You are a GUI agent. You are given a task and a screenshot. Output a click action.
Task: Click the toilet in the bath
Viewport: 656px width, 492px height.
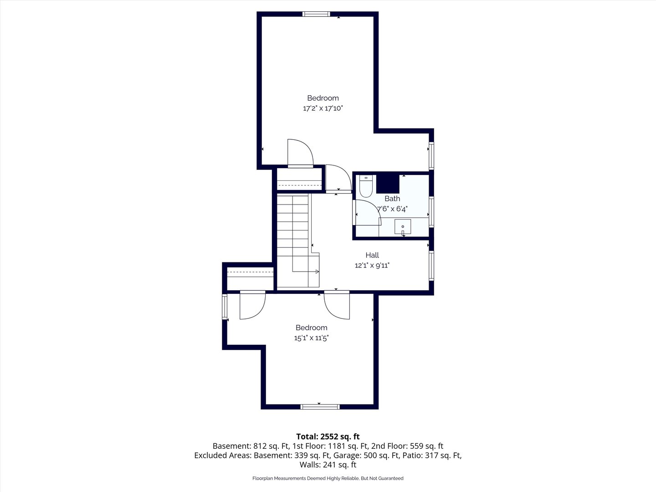366,186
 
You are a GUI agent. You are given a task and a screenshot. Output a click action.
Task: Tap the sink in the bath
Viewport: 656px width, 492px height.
403,226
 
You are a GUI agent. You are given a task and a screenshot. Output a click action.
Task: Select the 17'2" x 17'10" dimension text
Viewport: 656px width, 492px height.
323,108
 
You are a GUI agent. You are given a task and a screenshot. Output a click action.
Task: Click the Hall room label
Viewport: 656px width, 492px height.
372,255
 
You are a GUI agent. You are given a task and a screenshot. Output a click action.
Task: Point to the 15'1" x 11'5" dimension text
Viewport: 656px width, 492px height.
312,338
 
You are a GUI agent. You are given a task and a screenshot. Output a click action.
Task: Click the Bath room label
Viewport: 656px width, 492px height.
392,198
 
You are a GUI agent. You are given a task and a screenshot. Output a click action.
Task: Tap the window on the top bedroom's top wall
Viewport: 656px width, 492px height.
316,14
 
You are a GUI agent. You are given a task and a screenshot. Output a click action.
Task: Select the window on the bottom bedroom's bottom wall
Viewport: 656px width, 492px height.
320,406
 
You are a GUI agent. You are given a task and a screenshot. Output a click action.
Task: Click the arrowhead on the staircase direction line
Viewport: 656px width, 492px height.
317,272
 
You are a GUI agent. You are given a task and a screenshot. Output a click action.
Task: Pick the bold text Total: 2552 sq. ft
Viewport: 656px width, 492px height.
328,436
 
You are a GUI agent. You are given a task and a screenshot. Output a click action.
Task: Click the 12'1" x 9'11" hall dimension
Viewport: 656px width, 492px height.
372,265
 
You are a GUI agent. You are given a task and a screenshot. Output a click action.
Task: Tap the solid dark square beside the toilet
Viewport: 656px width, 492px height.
388,184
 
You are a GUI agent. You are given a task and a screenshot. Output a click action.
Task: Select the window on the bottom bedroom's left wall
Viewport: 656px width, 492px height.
225,306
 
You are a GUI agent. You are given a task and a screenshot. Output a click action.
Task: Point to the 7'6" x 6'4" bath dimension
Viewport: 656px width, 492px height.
392,209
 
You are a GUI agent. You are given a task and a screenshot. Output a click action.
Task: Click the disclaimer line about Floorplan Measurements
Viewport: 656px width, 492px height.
328,478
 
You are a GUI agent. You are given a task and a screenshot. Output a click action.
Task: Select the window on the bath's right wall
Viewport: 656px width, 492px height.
431,211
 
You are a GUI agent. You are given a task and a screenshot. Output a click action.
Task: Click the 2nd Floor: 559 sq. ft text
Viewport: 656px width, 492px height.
407,446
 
